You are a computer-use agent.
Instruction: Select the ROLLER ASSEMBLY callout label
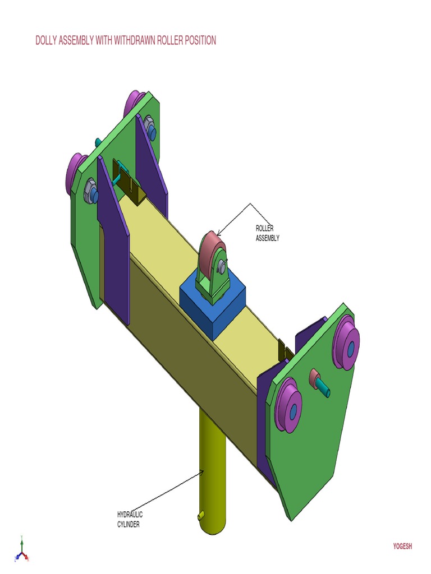click(x=267, y=233)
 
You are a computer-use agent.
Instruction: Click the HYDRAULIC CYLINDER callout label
click(x=129, y=519)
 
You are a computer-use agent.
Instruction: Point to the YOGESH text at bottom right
click(x=402, y=547)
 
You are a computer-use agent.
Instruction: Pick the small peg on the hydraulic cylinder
click(x=200, y=516)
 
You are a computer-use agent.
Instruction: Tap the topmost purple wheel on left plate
click(x=134, y=102)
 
